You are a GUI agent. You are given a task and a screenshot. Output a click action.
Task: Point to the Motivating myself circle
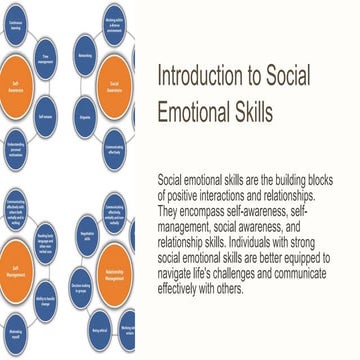16,334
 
